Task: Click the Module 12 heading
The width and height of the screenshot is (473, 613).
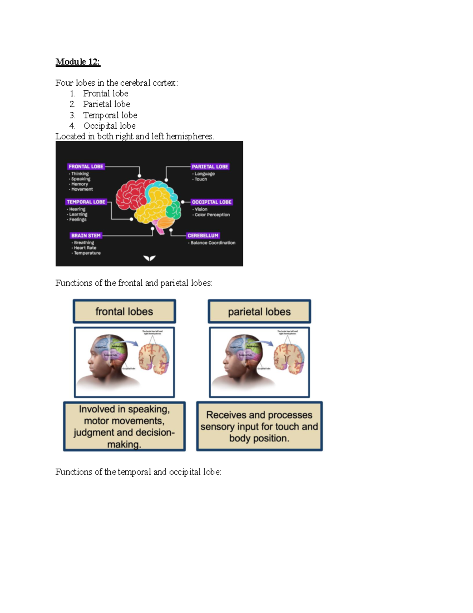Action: (x=78, y=62)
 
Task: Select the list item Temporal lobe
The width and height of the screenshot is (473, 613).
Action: (x=110, y=115)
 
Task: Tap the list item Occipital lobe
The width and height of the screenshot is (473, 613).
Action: (x=109, y=126)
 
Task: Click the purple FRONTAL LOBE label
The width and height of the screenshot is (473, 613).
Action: (x=86, y=167)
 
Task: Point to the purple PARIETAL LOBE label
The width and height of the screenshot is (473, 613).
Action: (x=210, y=167)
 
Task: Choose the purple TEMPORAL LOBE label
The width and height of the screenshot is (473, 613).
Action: (x=86, y=202)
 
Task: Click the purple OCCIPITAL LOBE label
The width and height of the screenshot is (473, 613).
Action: (x=212, y=202)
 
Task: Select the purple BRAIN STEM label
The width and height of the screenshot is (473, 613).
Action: (x=86, y=236)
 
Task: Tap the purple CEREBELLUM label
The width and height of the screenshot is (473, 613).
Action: (x=203, y=236)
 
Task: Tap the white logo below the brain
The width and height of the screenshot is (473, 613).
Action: (x=149, y=258)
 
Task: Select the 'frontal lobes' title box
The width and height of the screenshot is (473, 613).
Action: (x=124, y=311)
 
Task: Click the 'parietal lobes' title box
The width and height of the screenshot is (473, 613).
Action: (x=259, y=311)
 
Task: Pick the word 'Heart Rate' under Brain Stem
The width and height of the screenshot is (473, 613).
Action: (x=85, y=248)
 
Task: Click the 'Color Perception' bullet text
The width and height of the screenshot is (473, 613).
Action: (x=212, y=215)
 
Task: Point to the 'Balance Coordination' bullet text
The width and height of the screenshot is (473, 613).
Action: (x=213, y=243)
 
